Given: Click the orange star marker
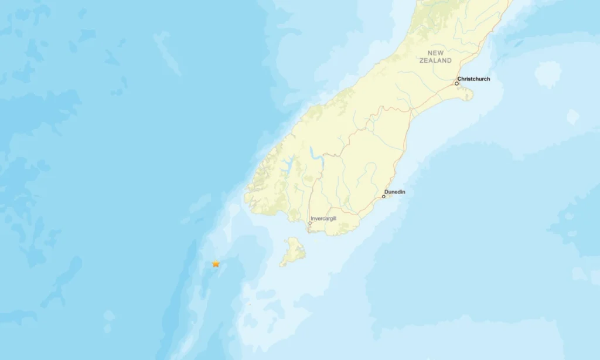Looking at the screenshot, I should tap(216, 264).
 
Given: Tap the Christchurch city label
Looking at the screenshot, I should tap(474, 79).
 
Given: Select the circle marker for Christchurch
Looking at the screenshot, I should tap(457, 83).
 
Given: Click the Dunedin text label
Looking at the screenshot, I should tap(395, 192).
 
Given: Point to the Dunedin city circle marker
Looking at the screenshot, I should tap(384, 196).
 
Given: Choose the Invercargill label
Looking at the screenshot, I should tap(323, 218).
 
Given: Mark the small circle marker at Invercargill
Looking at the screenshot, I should tap(310, 223).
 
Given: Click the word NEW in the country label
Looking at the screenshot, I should tap(435, 53).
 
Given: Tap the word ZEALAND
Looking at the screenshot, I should tap(435, 60).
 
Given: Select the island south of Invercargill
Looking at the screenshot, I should tap(294, 251).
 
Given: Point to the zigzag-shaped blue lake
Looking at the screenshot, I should tap(316, 155).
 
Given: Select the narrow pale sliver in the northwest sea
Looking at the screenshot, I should tap(167, 53).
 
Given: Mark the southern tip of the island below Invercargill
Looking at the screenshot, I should tap(283, 264).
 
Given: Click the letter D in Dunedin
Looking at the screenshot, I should tap(387, 192).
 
